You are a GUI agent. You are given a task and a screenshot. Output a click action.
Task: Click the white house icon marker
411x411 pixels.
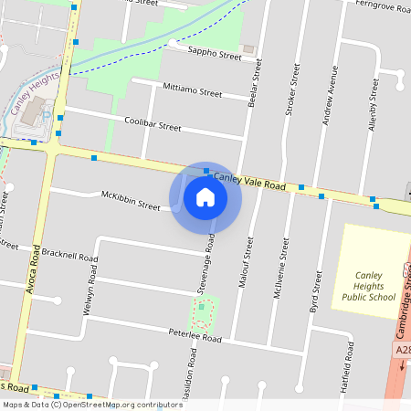coord(205,196)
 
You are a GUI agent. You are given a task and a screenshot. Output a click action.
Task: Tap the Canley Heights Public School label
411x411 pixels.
coord(369,284)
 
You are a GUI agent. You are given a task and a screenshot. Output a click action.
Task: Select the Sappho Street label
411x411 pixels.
coord(214,56)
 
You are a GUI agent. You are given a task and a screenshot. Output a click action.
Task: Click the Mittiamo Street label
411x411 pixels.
coord(192,93)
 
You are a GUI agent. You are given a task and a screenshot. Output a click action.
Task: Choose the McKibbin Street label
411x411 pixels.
coord(131,200)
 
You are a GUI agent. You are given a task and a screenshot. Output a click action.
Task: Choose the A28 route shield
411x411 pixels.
coord(403,350)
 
